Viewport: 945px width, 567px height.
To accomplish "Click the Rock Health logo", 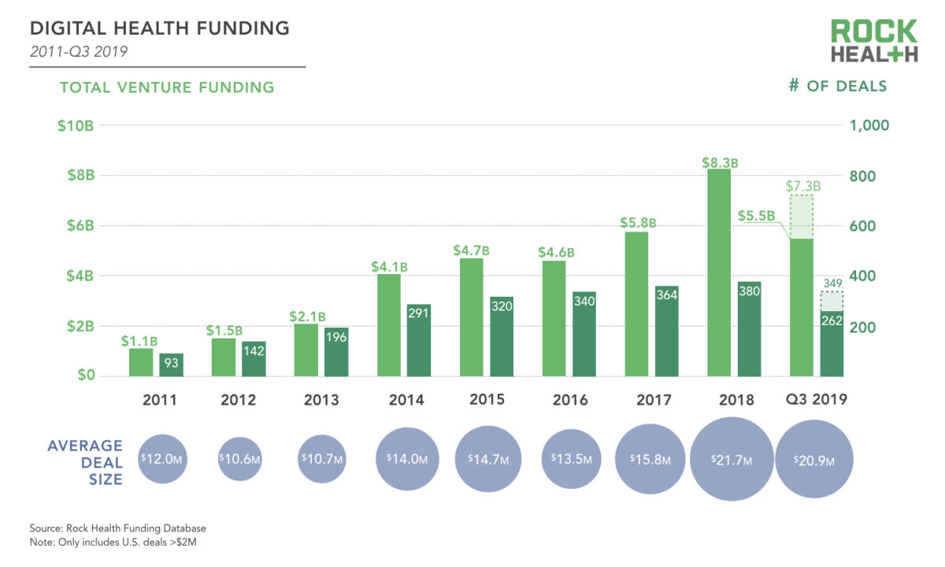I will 874,42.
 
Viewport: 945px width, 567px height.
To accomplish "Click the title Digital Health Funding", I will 160,29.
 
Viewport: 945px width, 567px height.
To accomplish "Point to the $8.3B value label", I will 720,163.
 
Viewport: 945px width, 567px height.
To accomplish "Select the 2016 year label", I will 570,400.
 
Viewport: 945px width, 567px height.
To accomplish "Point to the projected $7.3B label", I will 803,187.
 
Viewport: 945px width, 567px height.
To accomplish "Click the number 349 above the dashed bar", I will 832,282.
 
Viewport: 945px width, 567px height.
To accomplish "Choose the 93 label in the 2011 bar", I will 171,362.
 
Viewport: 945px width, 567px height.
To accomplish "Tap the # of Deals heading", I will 837,86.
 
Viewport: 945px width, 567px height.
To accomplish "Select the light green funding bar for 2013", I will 306,350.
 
